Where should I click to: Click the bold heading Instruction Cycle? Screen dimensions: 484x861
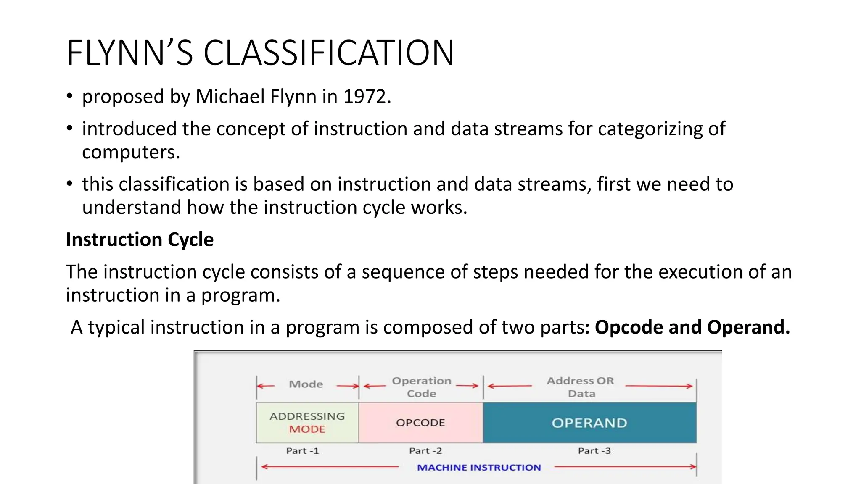(x=140, y=239)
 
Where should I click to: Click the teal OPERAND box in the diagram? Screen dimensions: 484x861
(x=589, y=423)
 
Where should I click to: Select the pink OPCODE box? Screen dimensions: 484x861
(x=420, y=423)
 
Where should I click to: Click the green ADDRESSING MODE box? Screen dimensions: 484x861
(x=307, y=423)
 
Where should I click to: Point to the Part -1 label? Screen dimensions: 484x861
(x=303, y=451)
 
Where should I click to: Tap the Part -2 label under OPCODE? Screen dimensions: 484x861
(x=425, y=451)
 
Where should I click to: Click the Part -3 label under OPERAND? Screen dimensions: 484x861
(x=594, y=451)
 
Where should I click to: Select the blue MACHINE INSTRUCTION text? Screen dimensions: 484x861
(x=479, y=468)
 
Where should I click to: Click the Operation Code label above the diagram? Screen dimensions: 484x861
(x=422, y=387)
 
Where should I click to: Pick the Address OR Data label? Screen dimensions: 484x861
(x=581, y=387)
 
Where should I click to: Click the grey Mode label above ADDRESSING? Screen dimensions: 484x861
(x=306, y=384)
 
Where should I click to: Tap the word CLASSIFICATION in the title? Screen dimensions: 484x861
(x=329, y=53)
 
